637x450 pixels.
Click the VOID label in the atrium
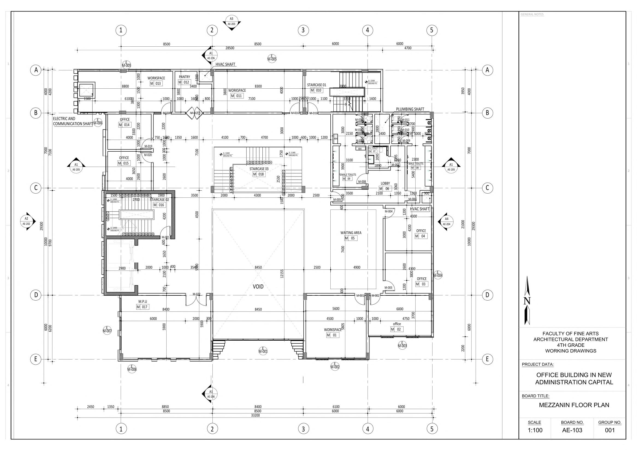pos(258,286)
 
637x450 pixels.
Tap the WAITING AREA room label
pos(351,233)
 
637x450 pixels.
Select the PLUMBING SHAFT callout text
pos(410,109)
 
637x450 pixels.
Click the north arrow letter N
pos(527,301)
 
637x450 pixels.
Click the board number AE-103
pos(572,430)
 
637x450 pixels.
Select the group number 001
pos(610,430)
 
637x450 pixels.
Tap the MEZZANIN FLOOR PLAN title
pos(574,405)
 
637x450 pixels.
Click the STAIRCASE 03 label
pos(259,169)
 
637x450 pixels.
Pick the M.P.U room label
pos(143,301)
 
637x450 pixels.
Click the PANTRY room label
pos(185,77)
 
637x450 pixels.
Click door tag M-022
pos(196,294)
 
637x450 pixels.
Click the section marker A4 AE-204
pos(446,221)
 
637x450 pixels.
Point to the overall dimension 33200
pos(255,415)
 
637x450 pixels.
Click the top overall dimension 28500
pos(230,48)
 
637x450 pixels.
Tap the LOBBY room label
pos(385,184)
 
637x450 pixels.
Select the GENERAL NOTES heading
pos(532,14)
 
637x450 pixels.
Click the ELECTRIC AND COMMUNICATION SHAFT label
pos(73,121)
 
